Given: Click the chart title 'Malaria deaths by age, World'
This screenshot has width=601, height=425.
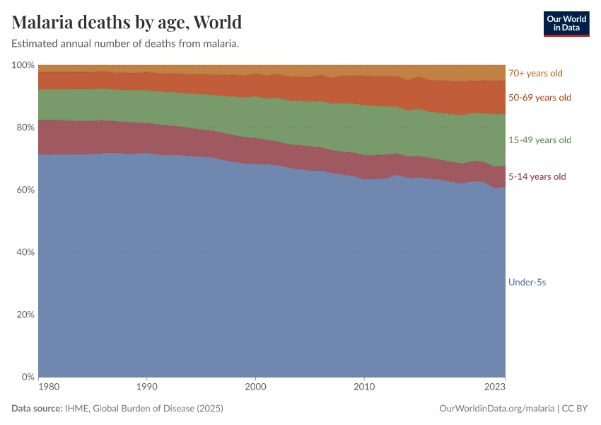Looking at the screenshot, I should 127,22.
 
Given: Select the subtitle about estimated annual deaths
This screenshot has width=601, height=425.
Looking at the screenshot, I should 125,44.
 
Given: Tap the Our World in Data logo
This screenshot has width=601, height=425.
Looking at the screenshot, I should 566,23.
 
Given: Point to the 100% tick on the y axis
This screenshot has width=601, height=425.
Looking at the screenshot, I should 23,65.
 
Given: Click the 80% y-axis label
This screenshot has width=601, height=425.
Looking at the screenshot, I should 25,127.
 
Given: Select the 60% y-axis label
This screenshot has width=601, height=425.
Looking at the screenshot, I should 25,190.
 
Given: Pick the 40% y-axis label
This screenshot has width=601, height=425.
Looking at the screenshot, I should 25,252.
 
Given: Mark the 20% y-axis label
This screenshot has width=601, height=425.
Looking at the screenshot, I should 25,314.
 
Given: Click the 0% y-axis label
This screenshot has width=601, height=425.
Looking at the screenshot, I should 28,377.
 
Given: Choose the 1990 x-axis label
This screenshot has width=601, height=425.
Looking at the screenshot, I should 146,387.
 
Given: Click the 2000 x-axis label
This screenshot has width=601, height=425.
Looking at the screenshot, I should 255,387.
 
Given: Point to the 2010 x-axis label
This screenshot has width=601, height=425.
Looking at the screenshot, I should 364,387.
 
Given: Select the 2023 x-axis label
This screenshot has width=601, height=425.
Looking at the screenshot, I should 495,387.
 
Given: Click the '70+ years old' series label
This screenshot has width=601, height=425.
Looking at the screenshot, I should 535,73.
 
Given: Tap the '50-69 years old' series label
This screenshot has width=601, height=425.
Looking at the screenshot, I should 539,98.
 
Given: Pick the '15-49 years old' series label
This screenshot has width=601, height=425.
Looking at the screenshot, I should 539,140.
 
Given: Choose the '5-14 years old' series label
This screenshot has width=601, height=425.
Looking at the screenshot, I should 537,176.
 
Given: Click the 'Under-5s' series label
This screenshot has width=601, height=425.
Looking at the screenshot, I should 527,282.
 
